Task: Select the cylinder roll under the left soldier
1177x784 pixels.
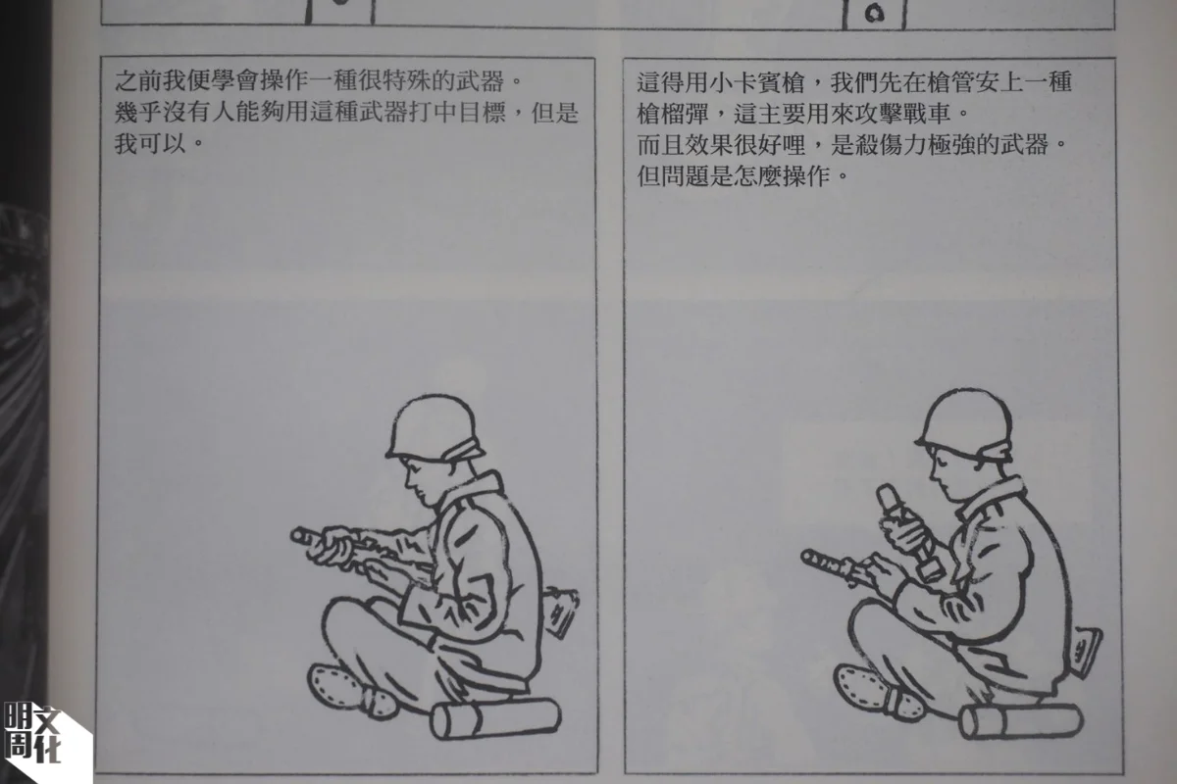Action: pos(495,718)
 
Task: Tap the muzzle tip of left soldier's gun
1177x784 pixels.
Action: pos(297,535)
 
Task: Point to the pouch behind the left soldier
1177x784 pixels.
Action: pos(560,612)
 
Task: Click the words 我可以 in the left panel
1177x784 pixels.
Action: pos(151,143)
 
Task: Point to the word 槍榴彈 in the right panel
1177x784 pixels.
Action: pos(673,114)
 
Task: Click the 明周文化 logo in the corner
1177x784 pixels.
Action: pos(32,731)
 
